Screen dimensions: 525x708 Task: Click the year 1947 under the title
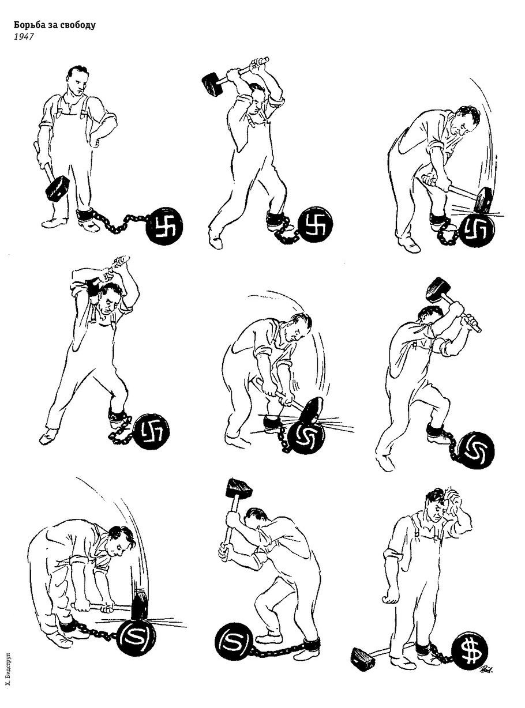coord(23,37)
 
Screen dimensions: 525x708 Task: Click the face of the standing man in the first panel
coord(78,84)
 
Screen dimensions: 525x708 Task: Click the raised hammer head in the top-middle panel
coord(212,84)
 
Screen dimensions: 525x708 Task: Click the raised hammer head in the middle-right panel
coord(438,289)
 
